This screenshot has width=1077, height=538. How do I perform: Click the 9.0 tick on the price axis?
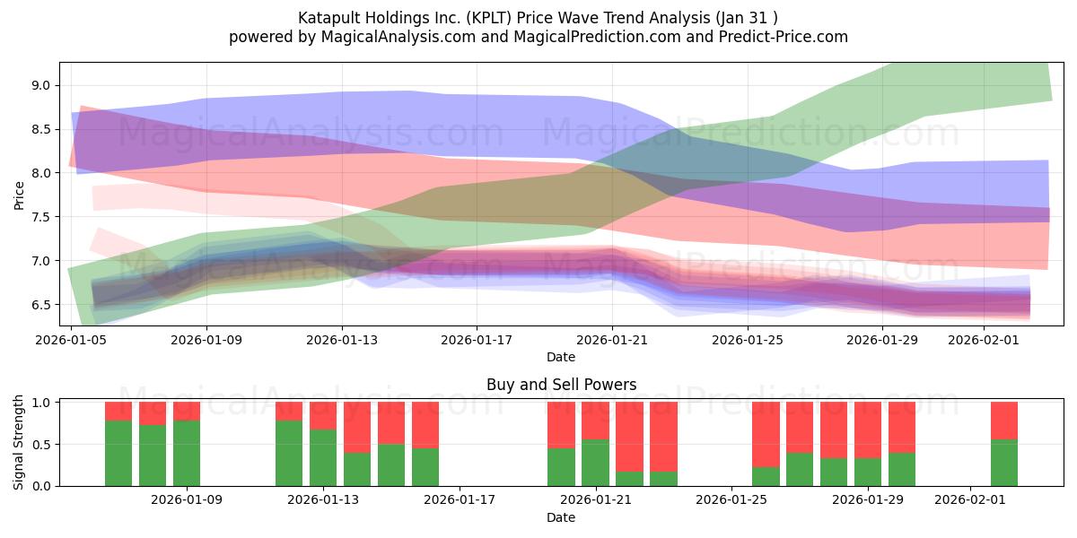pyautogui.click(x=41, y=85)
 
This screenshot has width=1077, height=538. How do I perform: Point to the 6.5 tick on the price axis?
pyautogui.click(x=41, y=305)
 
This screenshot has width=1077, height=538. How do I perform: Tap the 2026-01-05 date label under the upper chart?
pyautogui.click(x=71, y=341)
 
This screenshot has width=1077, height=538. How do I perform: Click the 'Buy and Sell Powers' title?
pyautogui.click(x=561, y=385)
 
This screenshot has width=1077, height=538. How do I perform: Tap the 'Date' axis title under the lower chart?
pyautogui.click(x=561, y=517)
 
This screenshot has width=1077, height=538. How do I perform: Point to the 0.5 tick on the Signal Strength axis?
pyautogui.click(x=41, y=444)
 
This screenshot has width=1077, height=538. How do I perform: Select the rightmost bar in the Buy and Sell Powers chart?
pyautogui.click(x=1003, y=444)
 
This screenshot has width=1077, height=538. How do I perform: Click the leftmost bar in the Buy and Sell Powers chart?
pyautogui.click(x=118, y=444)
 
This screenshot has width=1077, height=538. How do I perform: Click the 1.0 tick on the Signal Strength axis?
pyautogui.click(x=41, y=403)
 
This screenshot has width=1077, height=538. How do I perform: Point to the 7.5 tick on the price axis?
pyautogui.click(x=41, y=217)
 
